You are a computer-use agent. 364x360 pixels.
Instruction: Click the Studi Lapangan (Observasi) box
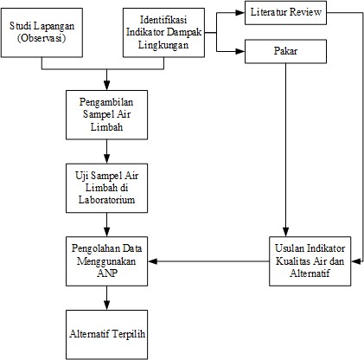click(42, 32)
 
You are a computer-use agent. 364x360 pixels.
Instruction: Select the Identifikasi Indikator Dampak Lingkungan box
click(163, 32)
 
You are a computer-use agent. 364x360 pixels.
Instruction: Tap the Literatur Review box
click(285, 13)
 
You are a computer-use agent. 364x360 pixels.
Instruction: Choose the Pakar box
click(285, 51)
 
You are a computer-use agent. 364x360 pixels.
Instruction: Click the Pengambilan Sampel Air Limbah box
click(106, 115)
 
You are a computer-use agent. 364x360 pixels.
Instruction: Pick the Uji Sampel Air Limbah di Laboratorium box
click(106, 188)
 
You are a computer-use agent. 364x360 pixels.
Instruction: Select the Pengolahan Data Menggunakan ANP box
click(106, 261)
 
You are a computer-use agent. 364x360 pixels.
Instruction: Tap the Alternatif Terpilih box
click(106, 335)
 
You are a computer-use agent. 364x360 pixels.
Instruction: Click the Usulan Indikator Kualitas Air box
click(310, 261)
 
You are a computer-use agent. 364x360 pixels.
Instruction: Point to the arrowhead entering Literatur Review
click(240, 13)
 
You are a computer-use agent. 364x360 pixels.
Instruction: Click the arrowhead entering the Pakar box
click(240, 51)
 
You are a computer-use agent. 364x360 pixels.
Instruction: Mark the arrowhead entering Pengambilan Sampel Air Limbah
click(106, 86)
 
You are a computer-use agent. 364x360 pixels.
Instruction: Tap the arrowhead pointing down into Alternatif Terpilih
click(106, 305)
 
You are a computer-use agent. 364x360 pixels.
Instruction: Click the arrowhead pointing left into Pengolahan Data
click(152, 261)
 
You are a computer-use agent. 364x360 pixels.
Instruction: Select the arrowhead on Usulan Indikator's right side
click(356, 261)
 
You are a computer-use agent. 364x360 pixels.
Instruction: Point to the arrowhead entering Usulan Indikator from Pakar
click(285, 232)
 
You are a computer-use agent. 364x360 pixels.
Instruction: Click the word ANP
click(107, 273)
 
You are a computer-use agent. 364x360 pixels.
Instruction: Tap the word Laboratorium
click(106, 200)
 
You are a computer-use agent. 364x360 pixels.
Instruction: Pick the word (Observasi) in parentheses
click(42, 38)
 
